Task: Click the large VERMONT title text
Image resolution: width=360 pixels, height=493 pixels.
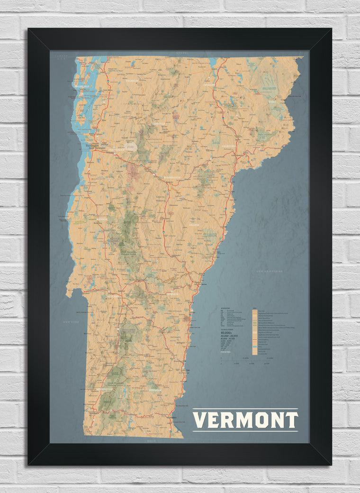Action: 245,420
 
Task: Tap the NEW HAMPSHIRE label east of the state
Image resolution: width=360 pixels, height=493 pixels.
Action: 269,272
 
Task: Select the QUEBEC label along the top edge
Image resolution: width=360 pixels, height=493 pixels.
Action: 182,53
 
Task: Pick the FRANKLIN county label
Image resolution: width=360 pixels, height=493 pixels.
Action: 132,81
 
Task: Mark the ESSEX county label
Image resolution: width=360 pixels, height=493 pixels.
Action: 272,101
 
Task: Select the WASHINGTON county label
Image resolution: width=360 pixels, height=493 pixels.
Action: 172,177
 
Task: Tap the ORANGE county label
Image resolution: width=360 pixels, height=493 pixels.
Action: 194,225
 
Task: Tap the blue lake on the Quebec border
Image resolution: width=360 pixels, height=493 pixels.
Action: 213,62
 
